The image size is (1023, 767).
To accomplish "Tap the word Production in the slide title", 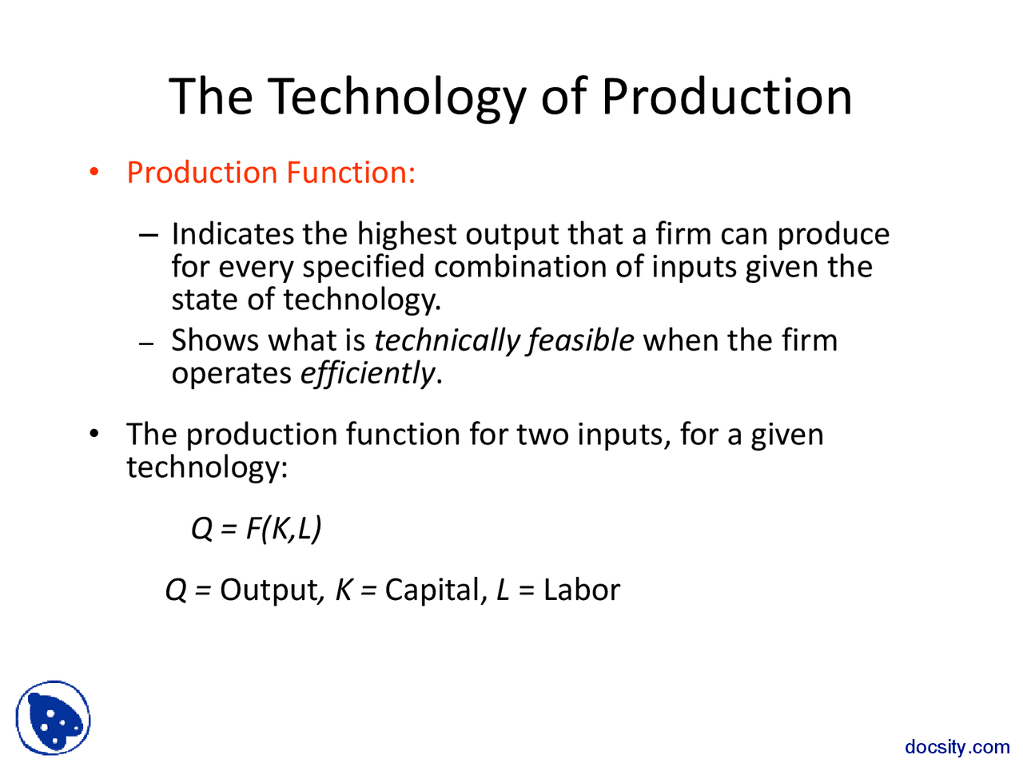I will pyautogui.click(x=726, y=97).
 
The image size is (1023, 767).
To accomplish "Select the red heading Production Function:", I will pyautogui.click(x=271, y=173).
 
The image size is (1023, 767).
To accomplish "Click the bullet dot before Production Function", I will pyautogui.click(x=94, y=172).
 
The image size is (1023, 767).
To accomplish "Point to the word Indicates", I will pyautogui.click(x=233, y=234).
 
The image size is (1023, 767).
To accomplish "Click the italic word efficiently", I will pyautogui.click(x=368, y=373).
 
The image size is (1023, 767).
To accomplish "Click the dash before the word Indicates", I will pyautogui.click(x=149, y=235).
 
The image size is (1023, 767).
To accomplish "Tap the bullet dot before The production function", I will pyautogui.click(x=94, y=434).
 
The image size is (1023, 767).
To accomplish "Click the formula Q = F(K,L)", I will pyautogui.click(x=256, y=528).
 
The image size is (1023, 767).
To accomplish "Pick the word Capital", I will pyautogui.click(x=434, y=590).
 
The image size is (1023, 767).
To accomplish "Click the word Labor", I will pyautogui.click(x=581, y=590).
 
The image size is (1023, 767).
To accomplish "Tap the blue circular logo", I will pyautogui.click(x=54, y=717).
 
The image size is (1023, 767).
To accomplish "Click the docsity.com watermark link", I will pyautogui.click(x=957, y=747).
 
